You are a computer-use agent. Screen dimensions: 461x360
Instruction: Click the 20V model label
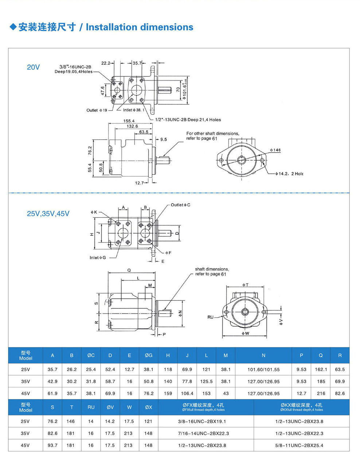click(33, 67)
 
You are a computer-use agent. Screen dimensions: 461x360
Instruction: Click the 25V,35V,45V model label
click(48, 214)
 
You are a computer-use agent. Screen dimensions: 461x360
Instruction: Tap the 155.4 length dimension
click(129, 121)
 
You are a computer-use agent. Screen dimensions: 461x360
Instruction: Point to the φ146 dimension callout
click(275, 150)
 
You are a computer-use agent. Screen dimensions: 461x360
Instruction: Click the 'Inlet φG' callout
click(98, 258)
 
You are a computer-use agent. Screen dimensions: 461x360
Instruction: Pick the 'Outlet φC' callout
click(180, 205)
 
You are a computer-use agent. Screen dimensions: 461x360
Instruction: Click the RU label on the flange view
click(211, 317)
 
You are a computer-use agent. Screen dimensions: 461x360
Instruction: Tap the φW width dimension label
click(245, 333)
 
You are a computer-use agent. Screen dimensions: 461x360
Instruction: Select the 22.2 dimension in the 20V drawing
click(106, 63)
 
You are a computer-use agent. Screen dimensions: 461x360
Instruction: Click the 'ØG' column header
click(149, 355)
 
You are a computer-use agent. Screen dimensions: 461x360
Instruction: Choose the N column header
click(263, 355)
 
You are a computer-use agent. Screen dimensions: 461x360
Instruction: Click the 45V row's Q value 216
click(321, 393)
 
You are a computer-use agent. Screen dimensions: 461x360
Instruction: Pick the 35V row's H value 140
click(168, 381)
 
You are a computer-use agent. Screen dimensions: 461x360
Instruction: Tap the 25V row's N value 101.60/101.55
click(263, 369)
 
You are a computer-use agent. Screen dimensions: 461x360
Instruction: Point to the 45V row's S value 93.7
click(52, 445)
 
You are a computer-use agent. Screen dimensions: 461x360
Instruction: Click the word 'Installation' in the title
click(111, 27)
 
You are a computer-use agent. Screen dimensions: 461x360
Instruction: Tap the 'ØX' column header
click(149, 407)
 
